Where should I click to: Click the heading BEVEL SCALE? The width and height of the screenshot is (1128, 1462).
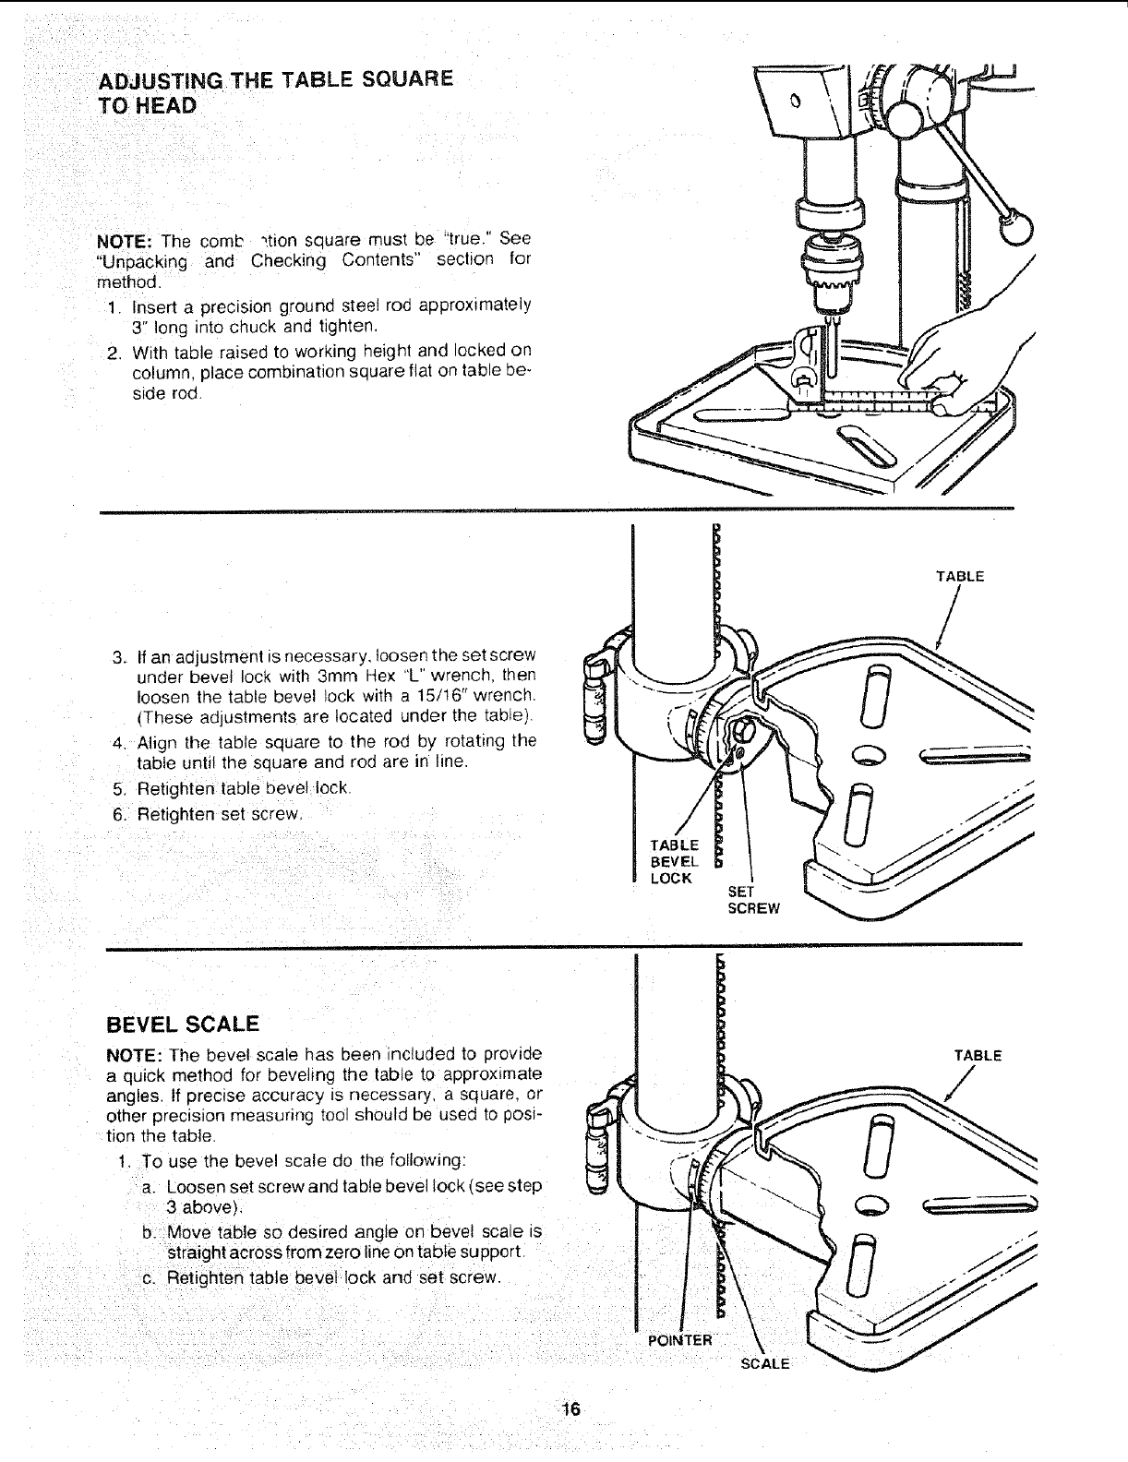point(184,1024)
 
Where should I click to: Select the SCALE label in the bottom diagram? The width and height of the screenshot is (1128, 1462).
point(766,1364)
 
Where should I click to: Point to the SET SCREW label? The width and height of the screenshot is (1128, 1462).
point(753,900)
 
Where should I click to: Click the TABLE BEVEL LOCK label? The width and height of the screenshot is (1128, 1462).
point(674,860)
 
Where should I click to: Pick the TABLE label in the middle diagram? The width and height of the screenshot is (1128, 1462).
point(960,577)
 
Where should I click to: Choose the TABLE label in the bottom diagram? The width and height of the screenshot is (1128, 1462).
point(978,1056)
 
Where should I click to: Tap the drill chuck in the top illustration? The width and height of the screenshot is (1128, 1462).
point(830,268)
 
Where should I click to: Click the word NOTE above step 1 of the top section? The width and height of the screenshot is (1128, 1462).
point(123,241)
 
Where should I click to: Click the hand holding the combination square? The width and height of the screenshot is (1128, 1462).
point(951,360)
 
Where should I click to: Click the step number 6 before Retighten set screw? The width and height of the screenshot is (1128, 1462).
point(118,813)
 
